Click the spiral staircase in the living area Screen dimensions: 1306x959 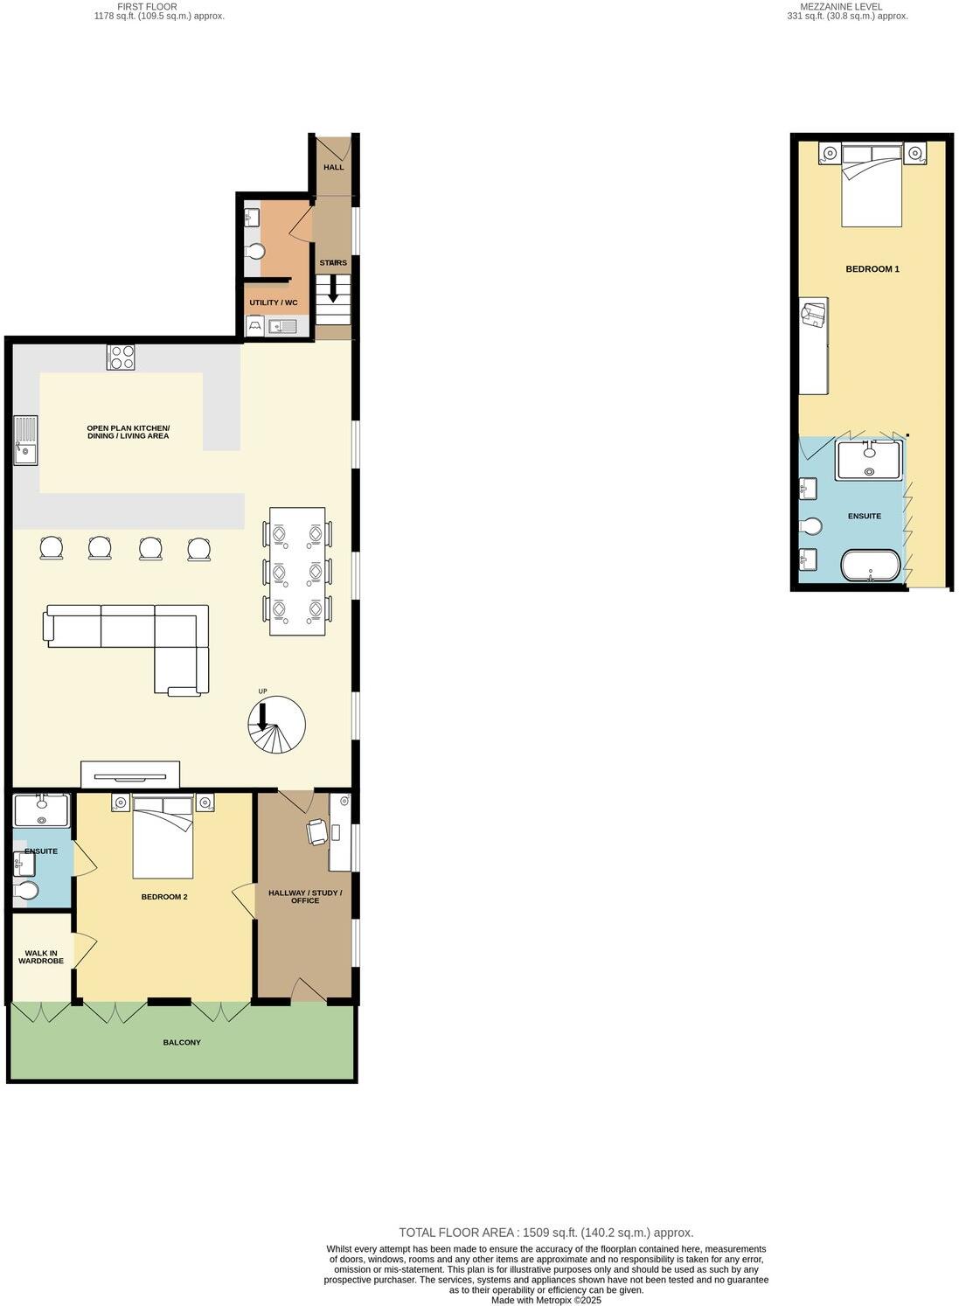pos(277,725)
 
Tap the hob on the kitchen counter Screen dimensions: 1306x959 pos(121,357)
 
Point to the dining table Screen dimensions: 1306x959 pos(297,571)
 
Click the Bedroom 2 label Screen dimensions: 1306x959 pos(164,897)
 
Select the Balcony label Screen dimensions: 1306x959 pos(182,1042)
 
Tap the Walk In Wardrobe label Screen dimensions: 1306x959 pos(41,957)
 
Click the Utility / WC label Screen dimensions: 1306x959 pos(273,302)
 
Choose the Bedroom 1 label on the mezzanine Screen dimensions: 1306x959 pos(872,269)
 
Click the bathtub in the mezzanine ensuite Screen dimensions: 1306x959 pos(869,565)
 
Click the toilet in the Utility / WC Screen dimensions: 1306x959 pos(255,252)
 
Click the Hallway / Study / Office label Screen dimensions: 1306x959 pos(305,897)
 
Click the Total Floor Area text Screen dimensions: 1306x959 pos(546,1233)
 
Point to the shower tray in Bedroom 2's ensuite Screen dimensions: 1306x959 pos(42,810)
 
